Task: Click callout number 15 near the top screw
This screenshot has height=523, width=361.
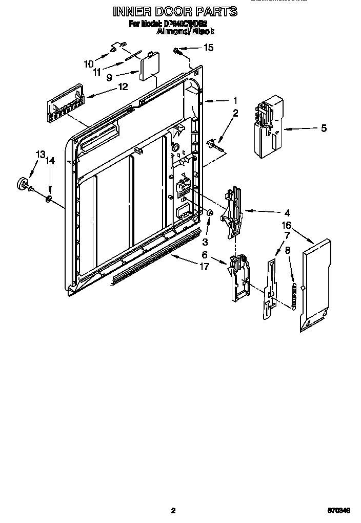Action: (209, 48)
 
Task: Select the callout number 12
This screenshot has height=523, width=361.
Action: (123, 86)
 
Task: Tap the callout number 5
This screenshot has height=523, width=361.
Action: (324, 128)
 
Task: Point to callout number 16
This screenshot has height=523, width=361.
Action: (286, 225)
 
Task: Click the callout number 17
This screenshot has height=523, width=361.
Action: (204, 266)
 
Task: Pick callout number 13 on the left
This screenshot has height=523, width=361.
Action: (40, 154)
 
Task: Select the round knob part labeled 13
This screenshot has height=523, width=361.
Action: (23, 183)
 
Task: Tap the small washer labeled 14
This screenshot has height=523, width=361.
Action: (49, 198)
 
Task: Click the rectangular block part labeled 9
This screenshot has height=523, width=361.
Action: (149, 66)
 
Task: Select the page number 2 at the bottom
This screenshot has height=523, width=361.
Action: (173, 510)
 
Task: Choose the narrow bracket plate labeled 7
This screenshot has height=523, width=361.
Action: (270, 290)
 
